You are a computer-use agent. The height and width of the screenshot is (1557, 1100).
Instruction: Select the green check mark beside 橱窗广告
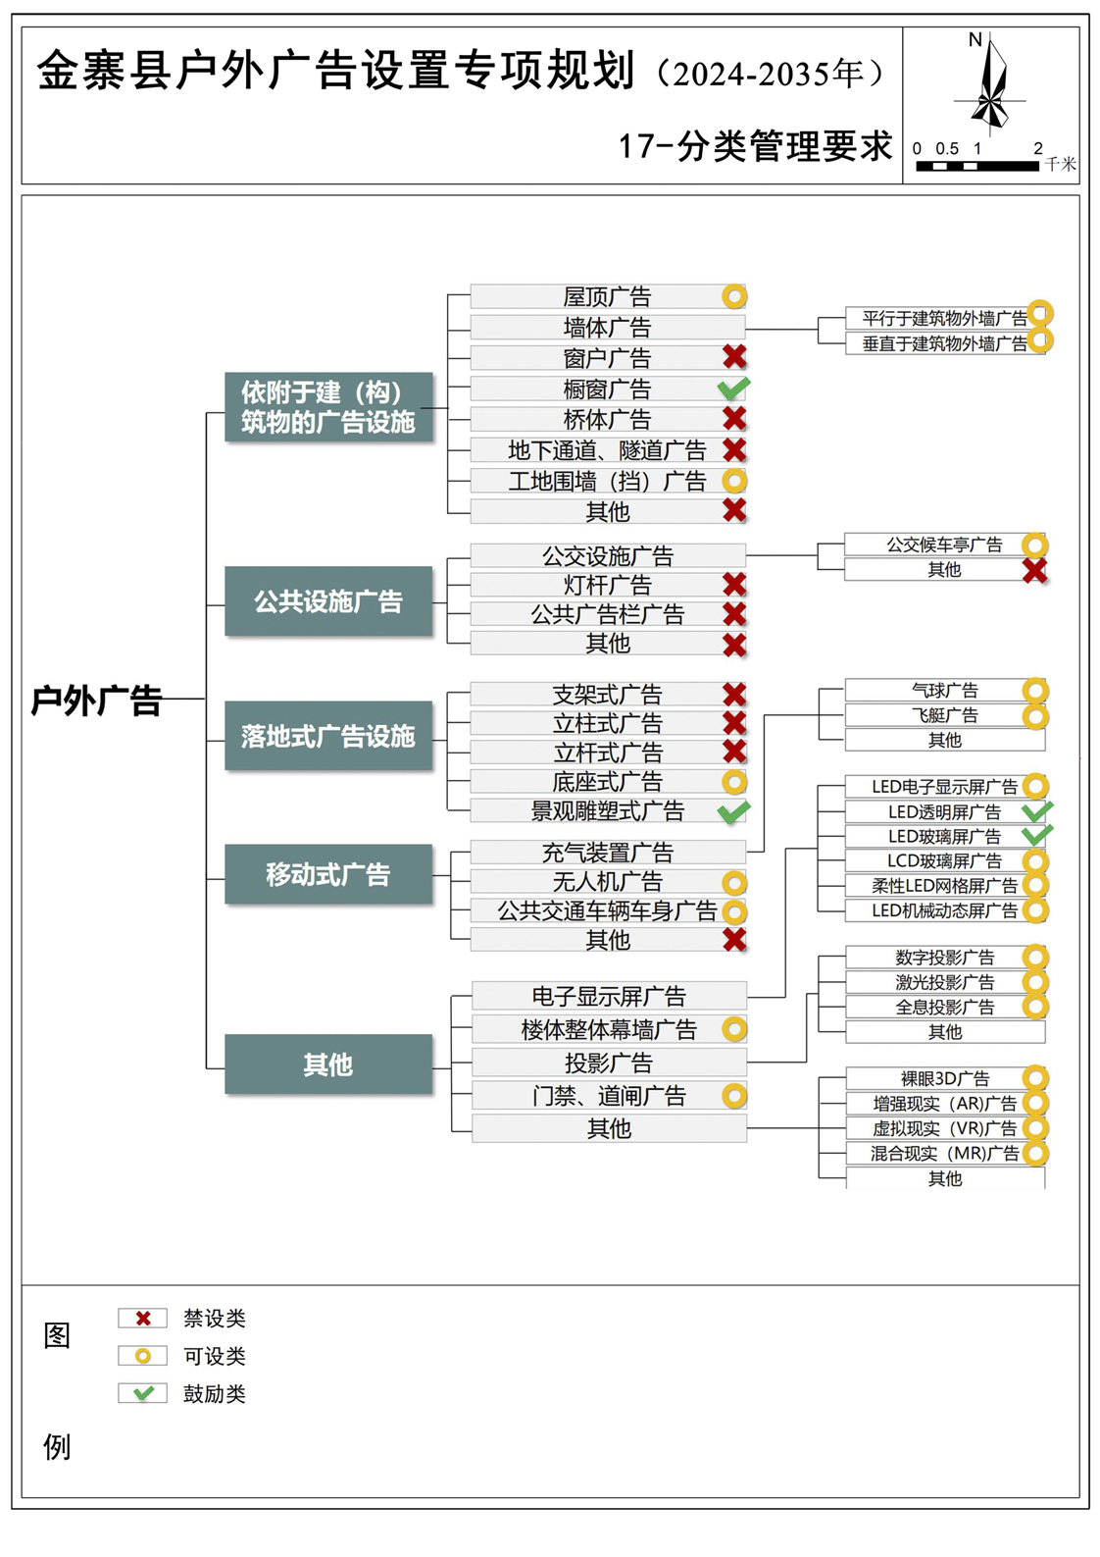coord(733,389)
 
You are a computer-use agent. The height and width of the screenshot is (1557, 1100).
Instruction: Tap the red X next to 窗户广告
coord(734,357)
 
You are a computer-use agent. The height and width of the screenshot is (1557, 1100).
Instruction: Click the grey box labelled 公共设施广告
coord(328,601)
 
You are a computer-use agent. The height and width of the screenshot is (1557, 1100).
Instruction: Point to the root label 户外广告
coord(96,701)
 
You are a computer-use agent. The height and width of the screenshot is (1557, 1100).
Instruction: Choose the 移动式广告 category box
coord(328,874)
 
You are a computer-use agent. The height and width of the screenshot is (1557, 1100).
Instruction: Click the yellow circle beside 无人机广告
coord(734,882)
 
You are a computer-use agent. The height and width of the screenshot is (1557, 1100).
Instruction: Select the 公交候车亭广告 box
coord(943,545)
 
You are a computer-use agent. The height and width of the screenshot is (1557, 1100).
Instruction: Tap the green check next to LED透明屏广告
coord(1036,811)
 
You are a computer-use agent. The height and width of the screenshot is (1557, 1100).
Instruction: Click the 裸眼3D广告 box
coord(943,1078)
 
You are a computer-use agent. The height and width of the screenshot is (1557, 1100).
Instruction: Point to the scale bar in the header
coord(976,166)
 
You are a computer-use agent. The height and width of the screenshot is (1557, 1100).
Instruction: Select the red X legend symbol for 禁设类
coord(143,1319)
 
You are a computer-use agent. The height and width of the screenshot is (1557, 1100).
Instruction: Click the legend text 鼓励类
coord(215,1394)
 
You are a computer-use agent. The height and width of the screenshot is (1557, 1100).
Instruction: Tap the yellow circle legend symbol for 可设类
coord(143,1356)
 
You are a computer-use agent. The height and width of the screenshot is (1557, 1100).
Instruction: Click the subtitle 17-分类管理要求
coord(755,146)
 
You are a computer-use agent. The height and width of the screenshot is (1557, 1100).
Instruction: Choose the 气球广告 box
coord(943,691)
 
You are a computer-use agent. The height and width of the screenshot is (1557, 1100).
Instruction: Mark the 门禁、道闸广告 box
coord(608,1096)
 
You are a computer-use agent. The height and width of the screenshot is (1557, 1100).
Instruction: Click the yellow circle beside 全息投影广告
coord(1035,1007)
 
